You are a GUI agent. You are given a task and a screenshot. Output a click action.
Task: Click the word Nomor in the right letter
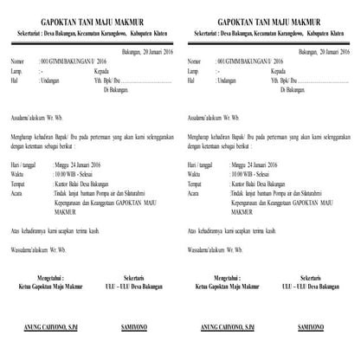[x=195, y=62]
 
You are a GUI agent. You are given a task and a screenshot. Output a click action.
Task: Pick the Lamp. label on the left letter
[x=18, y=72]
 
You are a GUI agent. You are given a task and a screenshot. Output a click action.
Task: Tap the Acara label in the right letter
[x=195, y=192]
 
